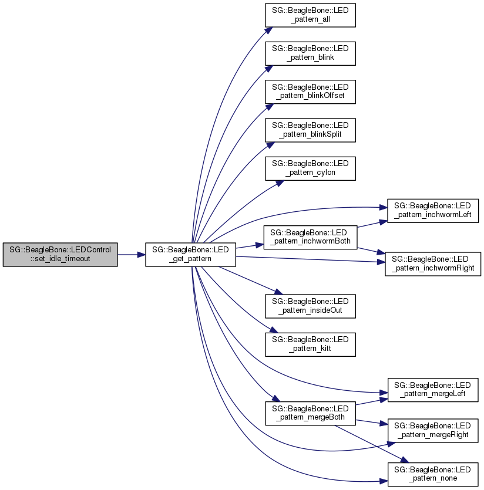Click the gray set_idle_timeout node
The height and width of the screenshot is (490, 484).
point(60,255)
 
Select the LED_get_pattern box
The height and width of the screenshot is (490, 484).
point(190,255)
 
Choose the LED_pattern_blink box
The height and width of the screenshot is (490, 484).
point(310,53)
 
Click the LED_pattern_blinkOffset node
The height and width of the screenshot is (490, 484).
point(310,92)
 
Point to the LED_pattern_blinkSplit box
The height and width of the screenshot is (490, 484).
point(310,130)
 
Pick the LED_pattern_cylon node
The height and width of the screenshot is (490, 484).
point(310,168)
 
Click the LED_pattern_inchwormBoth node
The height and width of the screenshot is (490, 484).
point(310,235)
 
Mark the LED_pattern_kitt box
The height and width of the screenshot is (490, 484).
point(310,344)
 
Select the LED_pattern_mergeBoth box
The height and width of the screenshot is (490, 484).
point(310,413)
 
